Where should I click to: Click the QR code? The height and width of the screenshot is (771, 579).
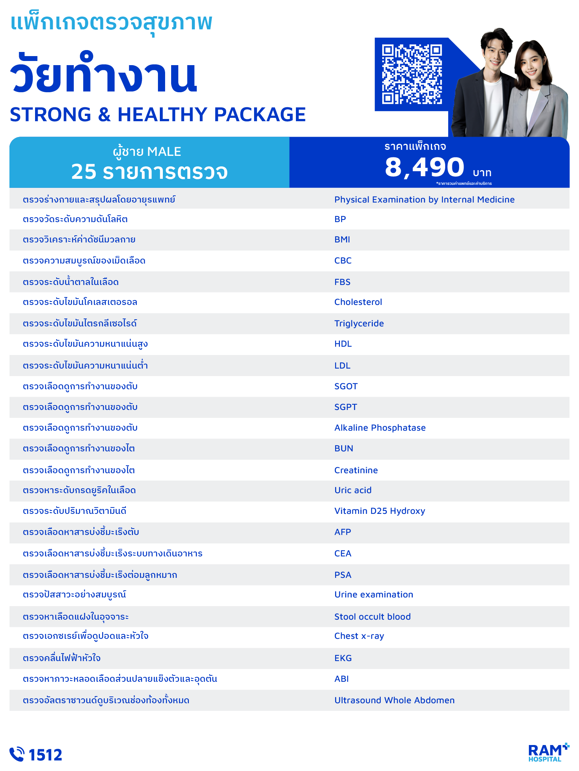pyautogui.click(x=412, y=74)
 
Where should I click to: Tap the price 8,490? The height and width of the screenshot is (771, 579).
pyautogui.click(x=424, y=167)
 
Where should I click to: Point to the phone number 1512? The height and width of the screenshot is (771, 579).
pyautogui.click(x=45, y=755)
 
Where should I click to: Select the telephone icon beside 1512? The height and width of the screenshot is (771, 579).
pyautogui.click(x=17, y=754)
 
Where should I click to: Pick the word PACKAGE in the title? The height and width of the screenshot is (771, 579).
pyautogui.click(x=260, y=114)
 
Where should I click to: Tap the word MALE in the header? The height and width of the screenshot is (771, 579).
pyautogui.click(x=164, y=151)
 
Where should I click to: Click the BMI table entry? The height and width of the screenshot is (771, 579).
pyautogui.click(x=342, y=239)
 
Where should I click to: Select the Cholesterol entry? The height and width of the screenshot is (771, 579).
pyautogui.click(x=358, y=302)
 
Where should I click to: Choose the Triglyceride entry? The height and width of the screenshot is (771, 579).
pyautogui.click(x=359, y=323)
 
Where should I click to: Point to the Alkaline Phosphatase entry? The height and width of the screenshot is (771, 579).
pyautogui.click(x=380, y=428)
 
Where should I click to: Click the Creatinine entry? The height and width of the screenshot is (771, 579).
pyautogui.click(x=356, y=470)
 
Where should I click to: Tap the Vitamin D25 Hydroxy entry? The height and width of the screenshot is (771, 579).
pyautogui.click(x=380, y=511)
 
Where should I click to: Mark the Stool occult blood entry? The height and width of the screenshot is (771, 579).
pyautogui.click(x=372, y=617)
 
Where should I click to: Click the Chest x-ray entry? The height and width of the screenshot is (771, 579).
pyautogui.click(x=359, y=636)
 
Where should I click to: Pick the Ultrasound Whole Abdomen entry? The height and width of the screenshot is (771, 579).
pyautogui.click(x=394, y=700)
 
